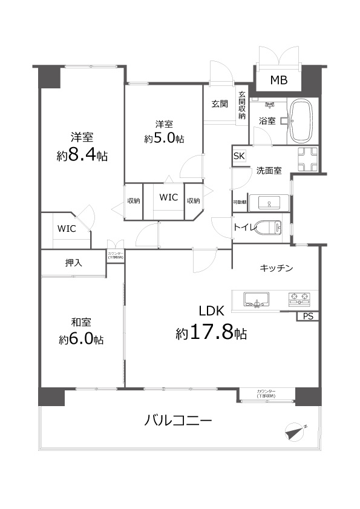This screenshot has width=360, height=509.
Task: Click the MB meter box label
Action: coord(279,80)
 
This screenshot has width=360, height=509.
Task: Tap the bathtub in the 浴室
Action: coord(301,120)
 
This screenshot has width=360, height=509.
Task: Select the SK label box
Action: coord(239,156)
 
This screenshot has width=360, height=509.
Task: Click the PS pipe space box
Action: coord(307,316)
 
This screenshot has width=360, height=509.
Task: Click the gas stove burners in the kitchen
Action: coord(301,297)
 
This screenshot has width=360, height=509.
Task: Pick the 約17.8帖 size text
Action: coord(211,333)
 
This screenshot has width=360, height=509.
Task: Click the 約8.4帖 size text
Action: coord(82,156)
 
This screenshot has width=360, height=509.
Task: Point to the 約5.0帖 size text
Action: coord(164,139)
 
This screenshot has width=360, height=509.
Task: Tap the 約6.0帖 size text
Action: coord(81,339)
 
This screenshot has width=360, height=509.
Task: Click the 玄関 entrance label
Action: coord(220,104)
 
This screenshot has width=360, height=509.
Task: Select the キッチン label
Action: coord(277,268)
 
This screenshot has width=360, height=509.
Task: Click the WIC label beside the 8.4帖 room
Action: coord(66,229)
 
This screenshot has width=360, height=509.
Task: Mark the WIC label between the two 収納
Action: coord(168,197)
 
